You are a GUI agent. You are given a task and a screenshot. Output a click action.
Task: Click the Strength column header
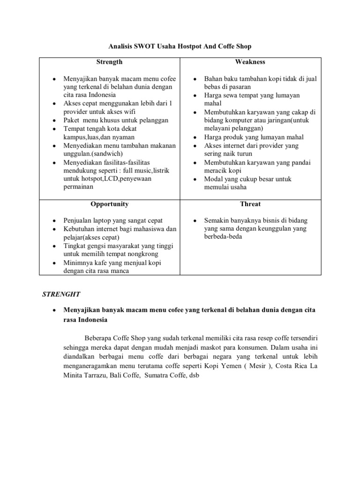tap(109, 62)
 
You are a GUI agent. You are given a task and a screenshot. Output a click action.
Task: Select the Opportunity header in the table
tap(109, 204)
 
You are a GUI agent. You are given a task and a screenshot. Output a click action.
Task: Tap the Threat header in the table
tap(251, 204)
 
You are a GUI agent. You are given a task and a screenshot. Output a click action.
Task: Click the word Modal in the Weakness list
tap(213, 179)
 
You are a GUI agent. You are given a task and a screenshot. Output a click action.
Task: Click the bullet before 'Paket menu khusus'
tap(55, 120)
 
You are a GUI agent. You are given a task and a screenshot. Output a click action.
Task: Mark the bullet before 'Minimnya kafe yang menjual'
tap(55, 262)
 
